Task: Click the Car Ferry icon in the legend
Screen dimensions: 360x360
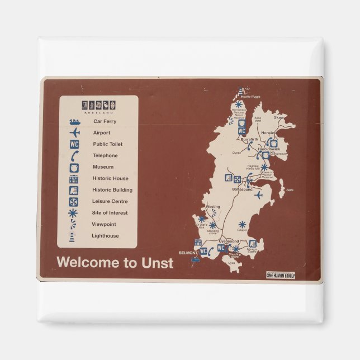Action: pyautogui.click(x=74, y=121)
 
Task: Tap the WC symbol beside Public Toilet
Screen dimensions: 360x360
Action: pyautogui.click(x=74, y=144)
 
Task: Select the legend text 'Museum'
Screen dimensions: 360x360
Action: pyautogui.click(x=103, y=167)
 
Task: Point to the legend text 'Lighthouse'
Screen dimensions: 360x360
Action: pyautogui.click(x=105, y=236)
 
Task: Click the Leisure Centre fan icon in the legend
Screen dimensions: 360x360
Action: pyautogui.click(x=74, y=201)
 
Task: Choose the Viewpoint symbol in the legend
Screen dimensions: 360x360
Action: pyautogui.click(x=73, y=224)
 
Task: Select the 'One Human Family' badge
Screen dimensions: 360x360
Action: pyautogui.click(x=281, y=275)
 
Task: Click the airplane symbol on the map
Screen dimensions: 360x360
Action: pyautogui.click(x=258, y=195)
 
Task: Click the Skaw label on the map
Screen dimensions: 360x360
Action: pyautogui.click(x=278, y=118)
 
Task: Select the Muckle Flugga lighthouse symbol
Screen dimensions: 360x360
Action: pyautogui.click(x=241, y=91)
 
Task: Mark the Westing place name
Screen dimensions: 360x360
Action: pyautogui.click(x=213, y=206)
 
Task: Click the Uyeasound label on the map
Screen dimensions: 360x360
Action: pyautogui.click(x=229, y=241)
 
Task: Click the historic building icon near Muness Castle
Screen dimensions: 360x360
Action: pyautogui.click(x=253, y=243)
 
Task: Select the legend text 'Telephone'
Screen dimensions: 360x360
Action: pyautogui.click(x=105, y=155)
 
